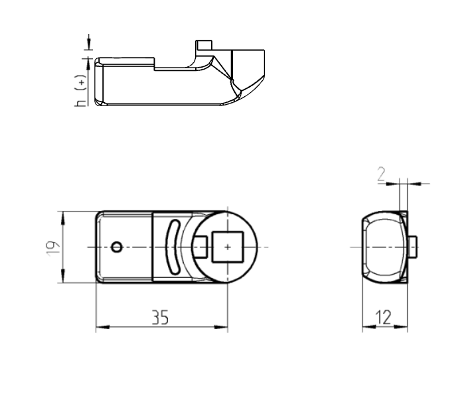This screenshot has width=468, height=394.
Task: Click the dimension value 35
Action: tap(159, 318)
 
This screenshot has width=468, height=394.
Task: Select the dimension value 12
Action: tap(384, 318)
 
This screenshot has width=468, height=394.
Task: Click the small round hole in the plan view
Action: tap(117, 247)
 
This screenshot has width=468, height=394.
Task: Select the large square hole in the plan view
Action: tap(227, 247)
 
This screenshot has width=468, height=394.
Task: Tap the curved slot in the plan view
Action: tap(172, 246)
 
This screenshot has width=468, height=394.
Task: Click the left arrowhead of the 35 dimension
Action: tap(100, 327)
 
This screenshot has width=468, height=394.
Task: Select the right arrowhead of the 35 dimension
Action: tap(223, 327)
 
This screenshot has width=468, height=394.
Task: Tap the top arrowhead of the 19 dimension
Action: tap(62, 216)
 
